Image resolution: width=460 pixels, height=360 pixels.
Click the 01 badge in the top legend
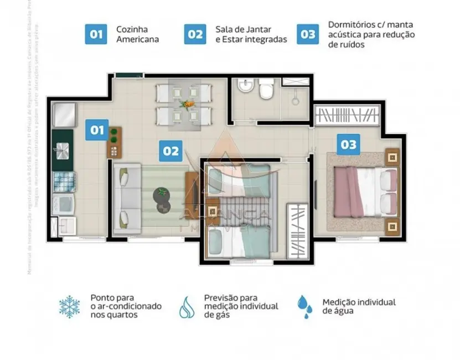[96, 34]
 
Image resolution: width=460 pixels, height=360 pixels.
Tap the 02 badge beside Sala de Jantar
[195, 34]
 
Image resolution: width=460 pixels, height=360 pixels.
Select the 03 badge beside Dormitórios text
[307, 34]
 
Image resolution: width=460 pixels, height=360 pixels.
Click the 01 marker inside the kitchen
[97, 130]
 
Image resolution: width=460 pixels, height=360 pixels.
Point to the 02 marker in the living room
[170, 150]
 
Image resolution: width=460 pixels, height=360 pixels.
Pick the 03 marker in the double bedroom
[348, 145]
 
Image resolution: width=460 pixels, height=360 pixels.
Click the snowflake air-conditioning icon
[70, 306]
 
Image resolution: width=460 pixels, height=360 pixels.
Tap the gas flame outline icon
[187, 307]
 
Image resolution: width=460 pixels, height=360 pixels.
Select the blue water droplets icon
[304, 306]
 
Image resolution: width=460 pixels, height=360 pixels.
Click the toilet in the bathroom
[266, 89]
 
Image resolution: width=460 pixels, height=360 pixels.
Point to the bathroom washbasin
[244, 87]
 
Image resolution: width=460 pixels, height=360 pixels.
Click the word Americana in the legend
[137, 39]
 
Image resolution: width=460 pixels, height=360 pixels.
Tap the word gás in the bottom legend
[213, 315]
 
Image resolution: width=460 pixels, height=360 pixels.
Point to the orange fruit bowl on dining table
[188, 103]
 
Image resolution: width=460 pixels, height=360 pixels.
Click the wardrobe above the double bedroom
[347, 117]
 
